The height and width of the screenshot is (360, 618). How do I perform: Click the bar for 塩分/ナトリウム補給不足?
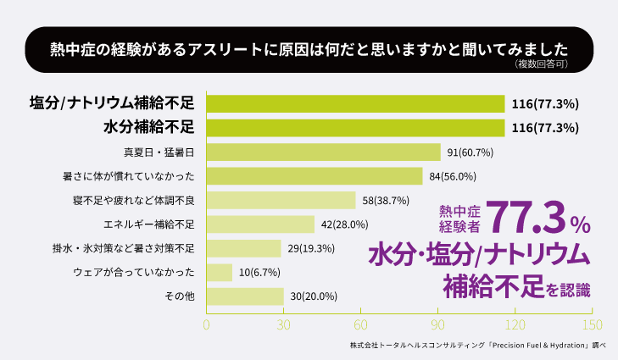click(356, 104)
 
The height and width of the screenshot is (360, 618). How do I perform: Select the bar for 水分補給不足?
click(356, 128)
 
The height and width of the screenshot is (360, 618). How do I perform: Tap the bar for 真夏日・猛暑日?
click(324, 152)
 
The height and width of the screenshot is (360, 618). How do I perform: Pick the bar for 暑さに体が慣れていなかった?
click(315, 176)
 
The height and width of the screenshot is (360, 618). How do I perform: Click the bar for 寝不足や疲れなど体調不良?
click(281, 201)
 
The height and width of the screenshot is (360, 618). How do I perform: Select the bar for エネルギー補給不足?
click(261, 224)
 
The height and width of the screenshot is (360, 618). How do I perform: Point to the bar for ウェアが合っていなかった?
click(220, 272)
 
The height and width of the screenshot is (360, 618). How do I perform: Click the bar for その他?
click(245, 296)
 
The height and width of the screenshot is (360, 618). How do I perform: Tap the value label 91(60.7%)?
click(470, 152)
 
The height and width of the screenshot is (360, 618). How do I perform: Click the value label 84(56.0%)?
click(453, 176)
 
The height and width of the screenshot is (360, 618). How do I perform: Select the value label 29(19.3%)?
click(311, 248)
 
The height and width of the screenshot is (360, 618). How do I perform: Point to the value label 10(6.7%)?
click(259, 272)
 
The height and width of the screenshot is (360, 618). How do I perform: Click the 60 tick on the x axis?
click(361, 324)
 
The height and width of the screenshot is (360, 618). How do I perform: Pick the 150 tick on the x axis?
click(592, 324)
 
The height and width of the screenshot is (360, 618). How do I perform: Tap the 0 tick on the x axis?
click(207, 324)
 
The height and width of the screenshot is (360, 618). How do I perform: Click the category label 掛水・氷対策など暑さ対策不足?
click(124, 248)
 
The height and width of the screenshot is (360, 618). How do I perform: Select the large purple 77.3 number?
click(525, 219)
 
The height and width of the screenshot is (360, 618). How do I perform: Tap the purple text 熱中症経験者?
click(459, 219)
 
